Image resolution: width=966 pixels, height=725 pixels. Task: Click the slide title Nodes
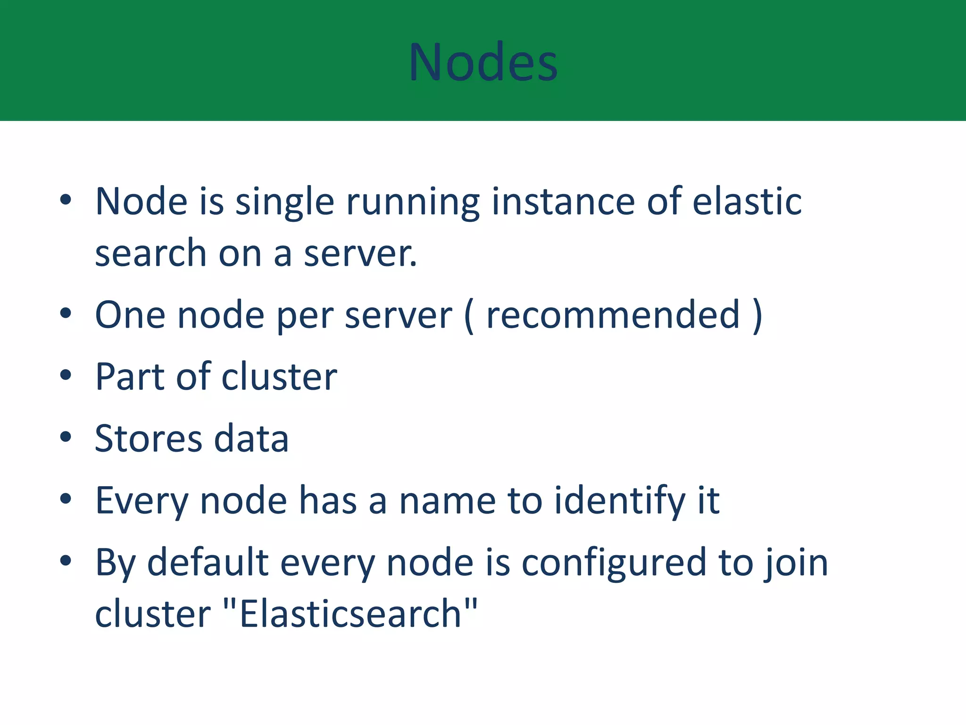[x=483, y=62]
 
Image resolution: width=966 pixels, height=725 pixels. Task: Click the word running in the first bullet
[x=413, y=202]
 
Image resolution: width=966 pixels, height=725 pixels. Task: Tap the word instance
[x=563, y=202]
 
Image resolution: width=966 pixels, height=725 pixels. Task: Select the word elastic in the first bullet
[x=747, y=202]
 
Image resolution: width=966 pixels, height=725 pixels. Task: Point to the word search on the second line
[x=150, y=253]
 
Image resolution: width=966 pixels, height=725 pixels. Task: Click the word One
[x=130, y=315]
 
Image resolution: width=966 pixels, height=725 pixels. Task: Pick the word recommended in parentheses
[x=613, y=315]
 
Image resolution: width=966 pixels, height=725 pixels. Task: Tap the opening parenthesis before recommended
[x=469, y=316]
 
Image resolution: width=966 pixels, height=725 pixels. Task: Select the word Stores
[x=148, y=439]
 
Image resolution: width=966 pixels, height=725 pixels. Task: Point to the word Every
[x=142, y=501]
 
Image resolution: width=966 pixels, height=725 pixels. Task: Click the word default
[x=208, y=563]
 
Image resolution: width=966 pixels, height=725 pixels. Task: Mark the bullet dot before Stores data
[x=66, y=437]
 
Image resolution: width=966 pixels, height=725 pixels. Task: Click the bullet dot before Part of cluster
[x=66, y=375]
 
